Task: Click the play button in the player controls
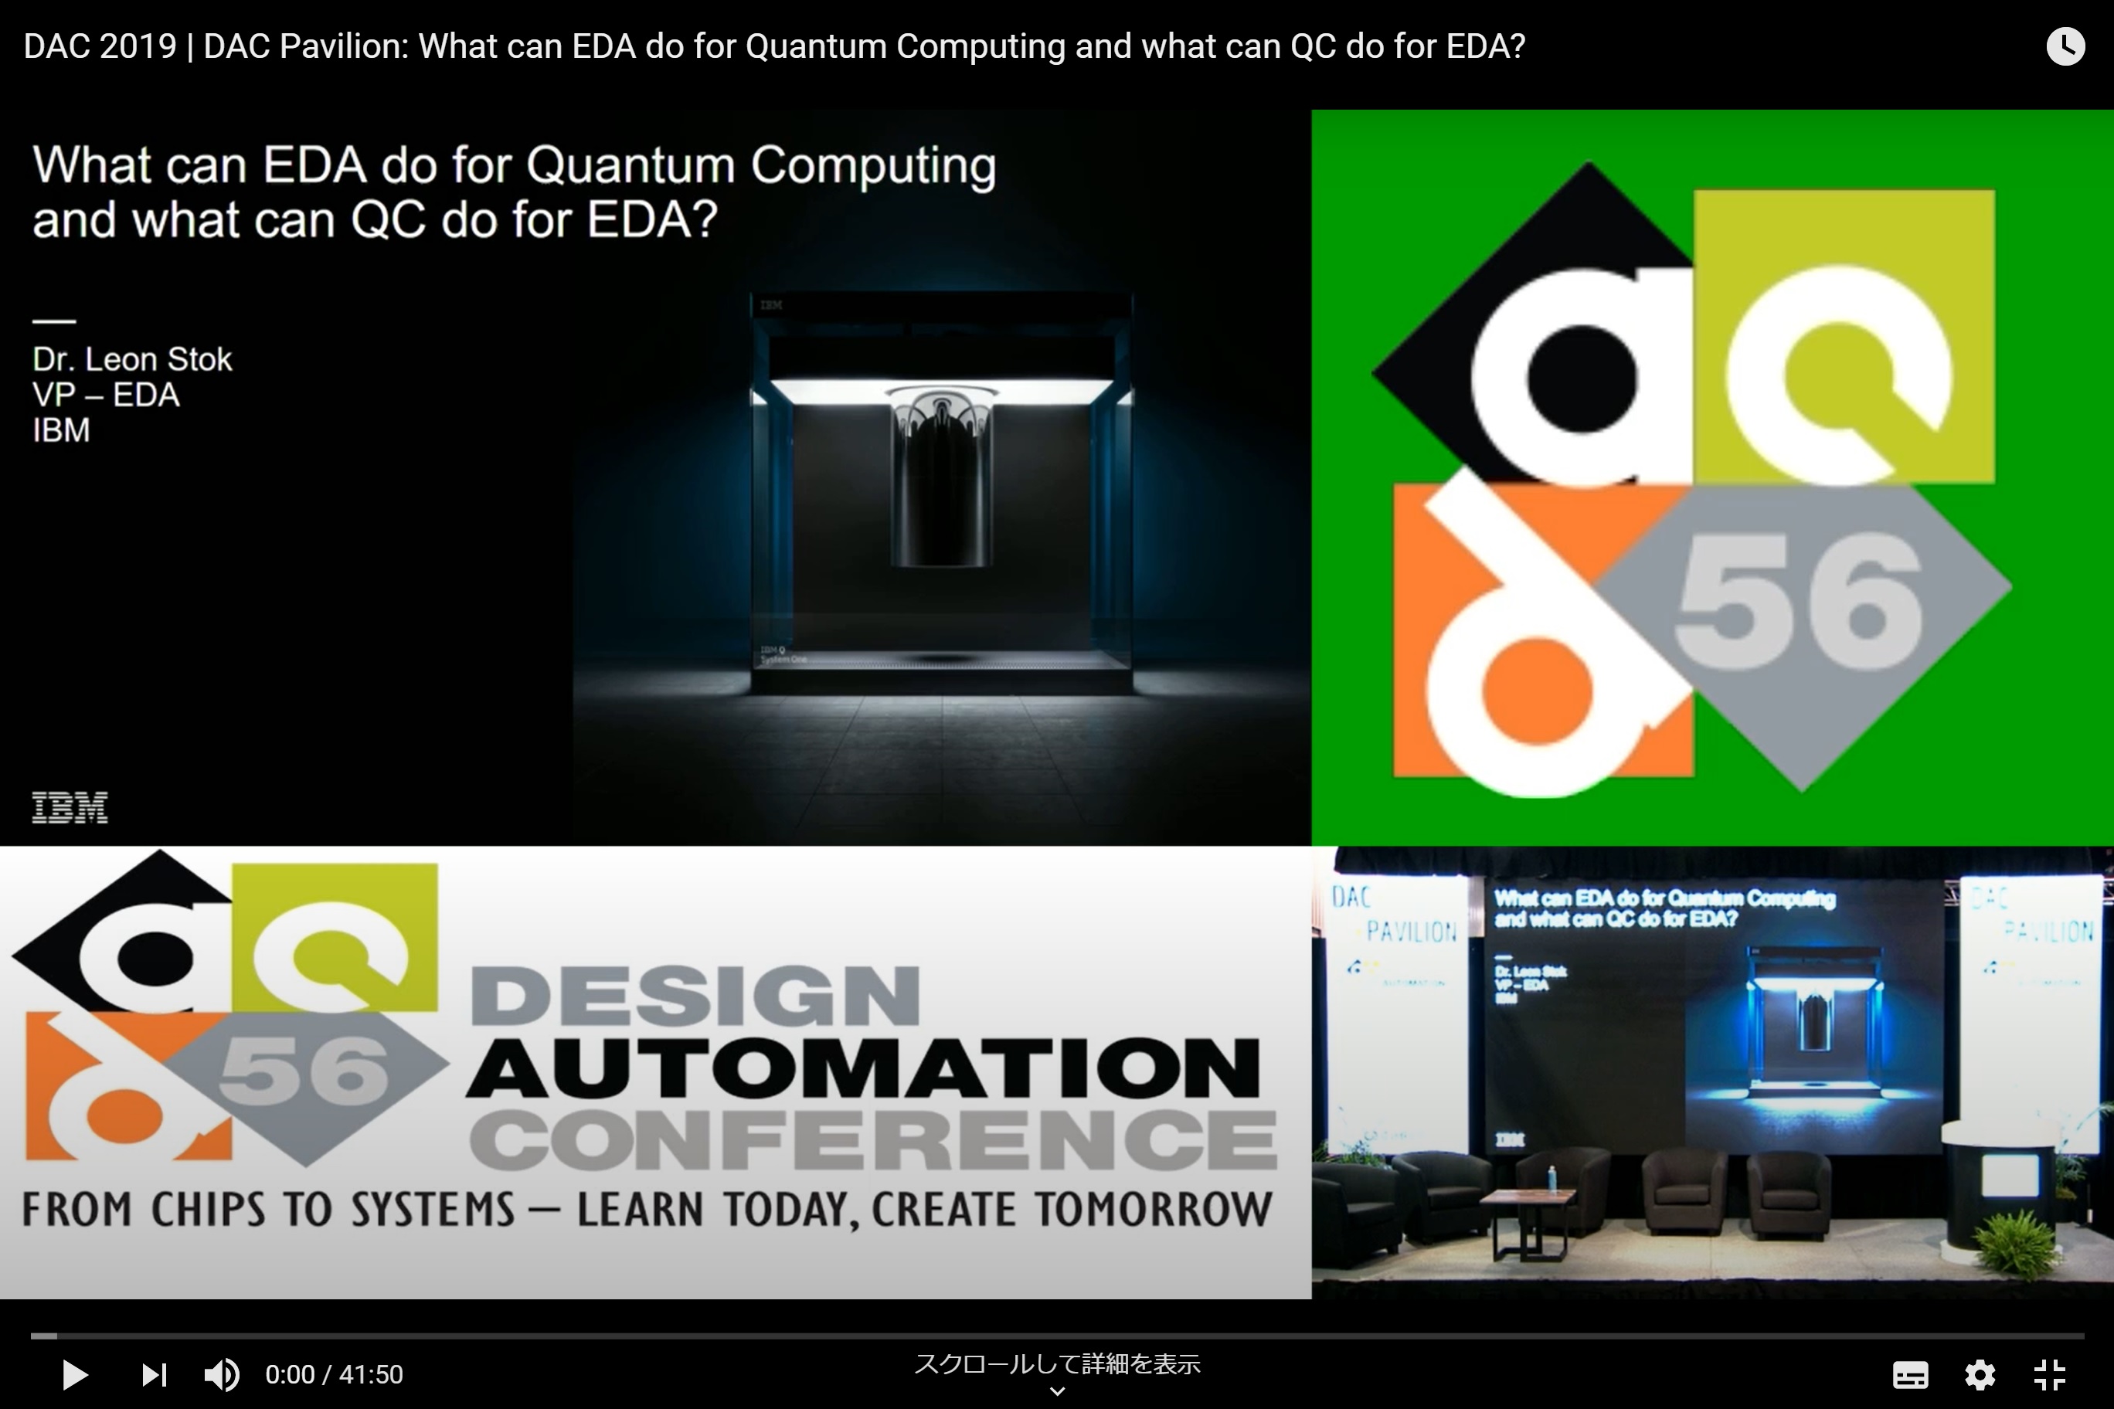pos(75,1374)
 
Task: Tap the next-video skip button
pos(154,1374)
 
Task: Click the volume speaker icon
pos(221,1374)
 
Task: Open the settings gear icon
pos(1980,1374)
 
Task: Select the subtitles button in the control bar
pos(1910,1374)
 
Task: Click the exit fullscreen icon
pos(2050,1374)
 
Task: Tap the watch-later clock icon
pos(2065,46)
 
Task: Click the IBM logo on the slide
pos(70,807)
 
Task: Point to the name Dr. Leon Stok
pos(132,359)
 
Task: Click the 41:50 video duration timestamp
pos(371,1374)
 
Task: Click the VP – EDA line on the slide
pos(106,396)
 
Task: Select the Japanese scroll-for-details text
pos(1057,1364)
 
